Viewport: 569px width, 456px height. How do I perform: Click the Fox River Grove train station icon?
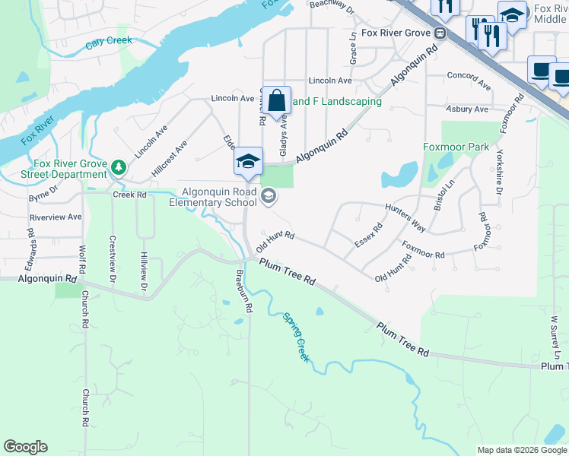[x=440, y=33]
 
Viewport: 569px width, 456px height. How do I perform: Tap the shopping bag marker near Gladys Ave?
[x=278, y=100]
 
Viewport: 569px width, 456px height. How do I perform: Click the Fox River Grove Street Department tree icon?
[x=118, y=165]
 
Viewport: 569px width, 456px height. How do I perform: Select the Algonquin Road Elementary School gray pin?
[x=268, y=198]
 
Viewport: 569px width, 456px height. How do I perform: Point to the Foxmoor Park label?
[x=456, y=146]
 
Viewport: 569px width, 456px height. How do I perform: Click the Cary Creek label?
[x=108, y=42]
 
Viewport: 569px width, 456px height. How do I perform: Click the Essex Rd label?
[x=368, y=235]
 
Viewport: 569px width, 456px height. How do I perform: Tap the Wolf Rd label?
[x=81, y=258]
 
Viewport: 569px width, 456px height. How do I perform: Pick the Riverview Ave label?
[x=55, y=217]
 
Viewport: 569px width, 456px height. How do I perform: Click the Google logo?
[x=25, y=447]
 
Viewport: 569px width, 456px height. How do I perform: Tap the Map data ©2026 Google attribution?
[x=522, y=450]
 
